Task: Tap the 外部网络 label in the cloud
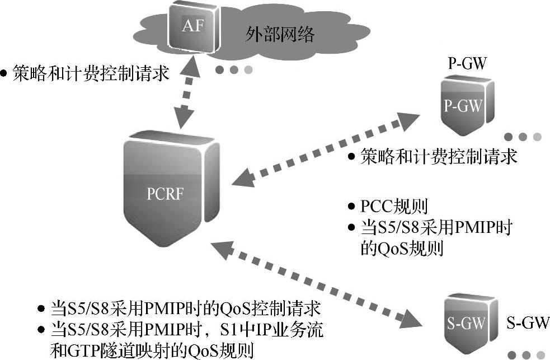click(x=279, y=35)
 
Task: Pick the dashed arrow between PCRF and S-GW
click(x=316, y=283)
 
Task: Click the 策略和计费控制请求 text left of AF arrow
click(x=90, y=73)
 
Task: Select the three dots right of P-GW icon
click(x=523, y=137)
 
